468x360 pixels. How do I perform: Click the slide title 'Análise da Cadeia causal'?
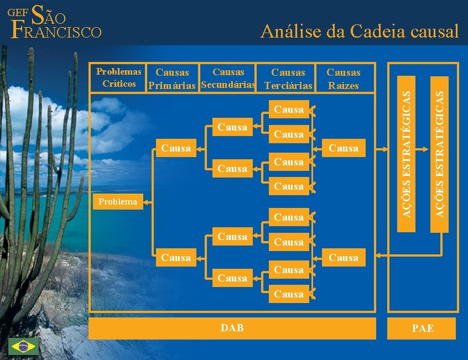point(360,31)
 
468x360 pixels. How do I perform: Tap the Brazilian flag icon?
point(23,347)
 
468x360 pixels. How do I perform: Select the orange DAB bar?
point(232,328)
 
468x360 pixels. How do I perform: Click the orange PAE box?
point(423,328)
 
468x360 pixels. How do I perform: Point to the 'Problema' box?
point(118,202)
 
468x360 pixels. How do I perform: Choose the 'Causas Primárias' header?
point(172,79)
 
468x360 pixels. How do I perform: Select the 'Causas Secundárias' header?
point(228,78)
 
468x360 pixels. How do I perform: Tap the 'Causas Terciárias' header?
point(288,79)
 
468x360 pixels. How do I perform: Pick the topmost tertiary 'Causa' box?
point(289,109)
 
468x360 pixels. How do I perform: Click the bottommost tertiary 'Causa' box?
point(289,294)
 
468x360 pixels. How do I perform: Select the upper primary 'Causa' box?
point(176,148)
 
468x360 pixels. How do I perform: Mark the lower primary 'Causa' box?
point(176,257)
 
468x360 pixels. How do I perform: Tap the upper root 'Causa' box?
point(344,148)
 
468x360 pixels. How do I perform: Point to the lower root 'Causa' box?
point(344,257)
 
